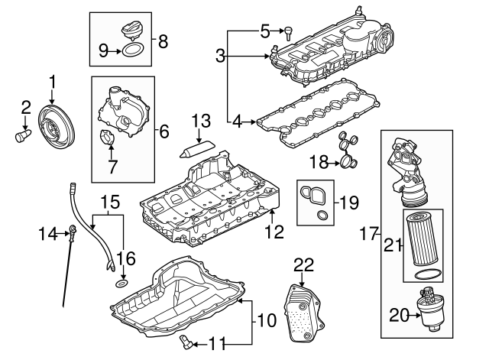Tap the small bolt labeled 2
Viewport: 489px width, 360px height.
(x=21, y=137)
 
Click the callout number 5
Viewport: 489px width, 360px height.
(x=265, y=31)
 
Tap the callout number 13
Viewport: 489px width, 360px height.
(x=200, y=120)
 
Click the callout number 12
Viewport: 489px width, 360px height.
(x=273, y=230)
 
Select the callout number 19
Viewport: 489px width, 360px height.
(x=348, y=203)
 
